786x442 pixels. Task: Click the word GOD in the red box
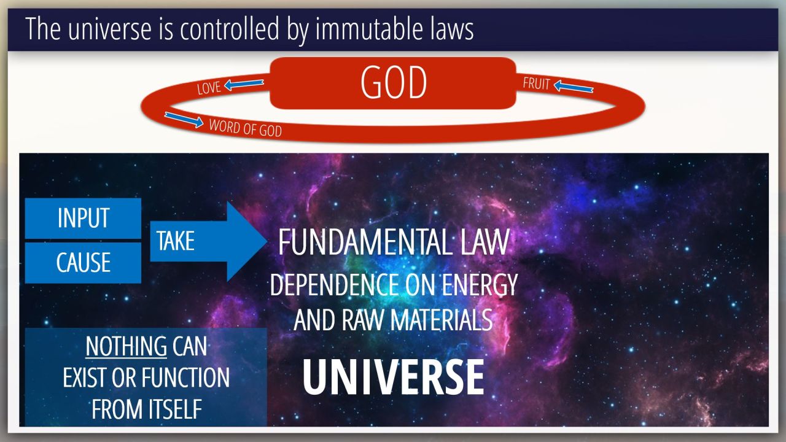(394, 83)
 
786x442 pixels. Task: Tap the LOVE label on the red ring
(209, 88)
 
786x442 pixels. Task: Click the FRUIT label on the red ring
(536, 83)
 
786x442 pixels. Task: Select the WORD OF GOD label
(245, 128)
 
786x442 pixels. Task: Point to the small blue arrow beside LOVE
(244, 84)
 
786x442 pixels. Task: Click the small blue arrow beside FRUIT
(574, 87)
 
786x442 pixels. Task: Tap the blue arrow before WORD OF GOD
(184, 120)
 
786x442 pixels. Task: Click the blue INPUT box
(83, 218)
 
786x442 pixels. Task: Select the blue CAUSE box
(83, 263)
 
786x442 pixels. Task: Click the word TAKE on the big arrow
(176, 241)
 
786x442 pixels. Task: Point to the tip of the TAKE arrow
(267, 241)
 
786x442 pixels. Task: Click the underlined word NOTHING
(126, 346)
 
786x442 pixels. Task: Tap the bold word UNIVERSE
(394, 377)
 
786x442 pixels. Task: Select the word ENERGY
(480, 285)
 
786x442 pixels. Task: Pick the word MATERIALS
(442, 320)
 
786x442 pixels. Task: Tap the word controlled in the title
(230, 29)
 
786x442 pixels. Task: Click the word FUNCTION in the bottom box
(186, 378)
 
